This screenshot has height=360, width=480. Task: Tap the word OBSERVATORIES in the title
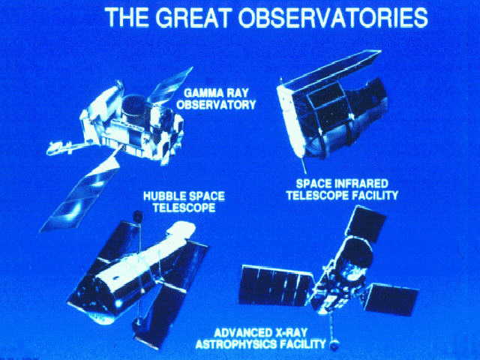333,17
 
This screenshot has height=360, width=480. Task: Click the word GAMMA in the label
200,92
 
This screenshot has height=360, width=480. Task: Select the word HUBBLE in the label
162,196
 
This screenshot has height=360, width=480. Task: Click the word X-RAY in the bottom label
289,333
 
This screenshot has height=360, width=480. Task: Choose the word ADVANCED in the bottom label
241,333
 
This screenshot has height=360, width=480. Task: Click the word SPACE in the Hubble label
204,196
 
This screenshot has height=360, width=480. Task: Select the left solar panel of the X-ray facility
277,285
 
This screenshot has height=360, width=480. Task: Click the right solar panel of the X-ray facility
392,299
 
